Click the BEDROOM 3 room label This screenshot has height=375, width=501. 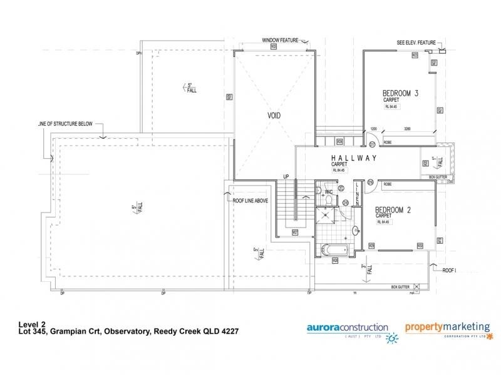400,94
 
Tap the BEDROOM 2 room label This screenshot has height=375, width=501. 392,210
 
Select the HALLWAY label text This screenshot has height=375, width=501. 354,158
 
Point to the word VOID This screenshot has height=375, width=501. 274,116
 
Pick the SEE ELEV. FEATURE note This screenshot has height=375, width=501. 415,43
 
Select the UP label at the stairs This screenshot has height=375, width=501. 286,177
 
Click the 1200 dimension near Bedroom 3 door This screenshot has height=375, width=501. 374,128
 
